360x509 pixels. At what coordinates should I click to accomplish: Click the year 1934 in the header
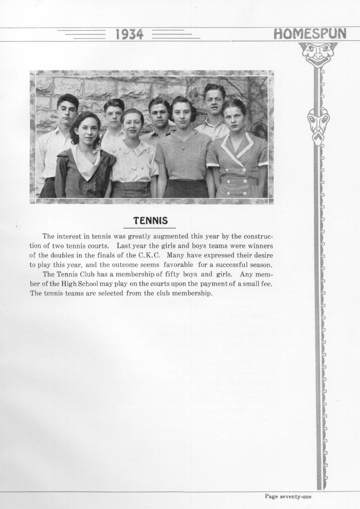pyautogui.click(x=129, y=35)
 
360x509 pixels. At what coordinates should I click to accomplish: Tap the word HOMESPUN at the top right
pyautogui.click(x=310, y=34)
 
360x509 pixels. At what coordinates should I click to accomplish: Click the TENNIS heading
pyautogui.click(x=150, y=220)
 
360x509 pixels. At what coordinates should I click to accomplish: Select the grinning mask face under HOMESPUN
pyautogui.click(x=318, y=54)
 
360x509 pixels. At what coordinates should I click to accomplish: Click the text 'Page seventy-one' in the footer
pyautogui.click(x=288, y=497)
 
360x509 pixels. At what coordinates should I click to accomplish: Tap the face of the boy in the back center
pyautogui.click(x=159, y=115)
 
